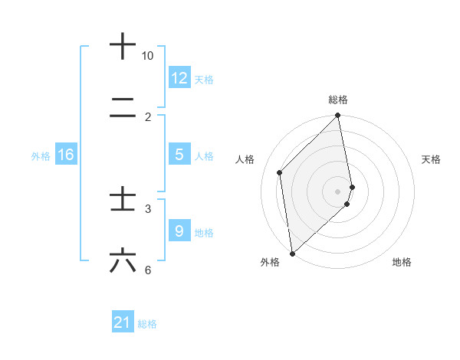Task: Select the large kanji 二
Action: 123,110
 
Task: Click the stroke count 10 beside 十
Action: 148,56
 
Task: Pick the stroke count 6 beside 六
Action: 148,270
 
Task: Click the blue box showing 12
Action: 179,78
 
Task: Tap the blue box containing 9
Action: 179,231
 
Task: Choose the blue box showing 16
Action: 66,155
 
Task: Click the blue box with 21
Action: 123,323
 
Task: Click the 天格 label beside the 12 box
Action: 204,79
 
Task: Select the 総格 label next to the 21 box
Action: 147,324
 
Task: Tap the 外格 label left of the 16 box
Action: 41,156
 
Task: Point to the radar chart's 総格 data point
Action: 338,116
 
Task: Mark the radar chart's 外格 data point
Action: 292,253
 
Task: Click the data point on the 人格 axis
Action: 280,172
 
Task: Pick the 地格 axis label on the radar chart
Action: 402,263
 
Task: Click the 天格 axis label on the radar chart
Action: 431,159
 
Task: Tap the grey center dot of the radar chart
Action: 338,191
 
